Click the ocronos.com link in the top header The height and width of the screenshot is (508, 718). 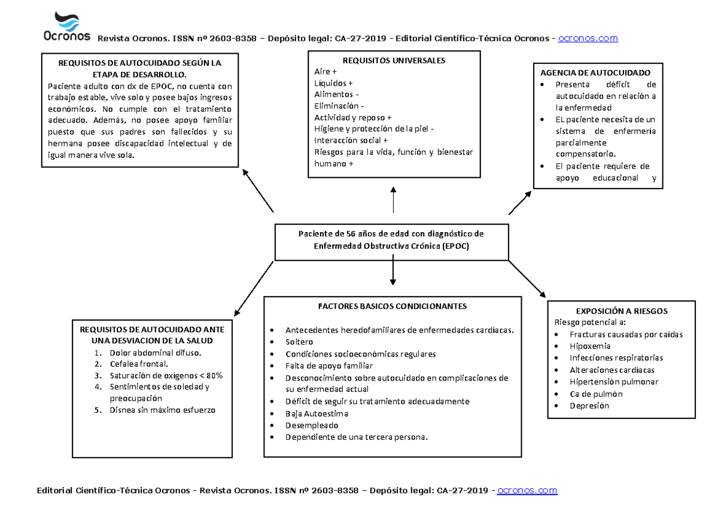point(588,38)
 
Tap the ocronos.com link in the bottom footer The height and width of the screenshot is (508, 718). point(527,491)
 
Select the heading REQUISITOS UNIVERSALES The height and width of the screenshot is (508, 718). point(394,60)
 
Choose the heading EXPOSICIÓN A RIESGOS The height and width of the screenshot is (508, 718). point(621,311)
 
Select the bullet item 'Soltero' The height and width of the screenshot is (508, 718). point(299,342)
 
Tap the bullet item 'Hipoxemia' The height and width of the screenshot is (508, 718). point(590,346)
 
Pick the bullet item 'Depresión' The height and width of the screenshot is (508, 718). point(589,406)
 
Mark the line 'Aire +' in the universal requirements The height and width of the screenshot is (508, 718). point(325,72)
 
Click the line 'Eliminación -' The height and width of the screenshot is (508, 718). point(339,106)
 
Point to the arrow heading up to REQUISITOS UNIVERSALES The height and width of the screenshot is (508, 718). point(393,199)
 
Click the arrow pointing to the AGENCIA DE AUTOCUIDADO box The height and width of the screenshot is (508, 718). point(519,203)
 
